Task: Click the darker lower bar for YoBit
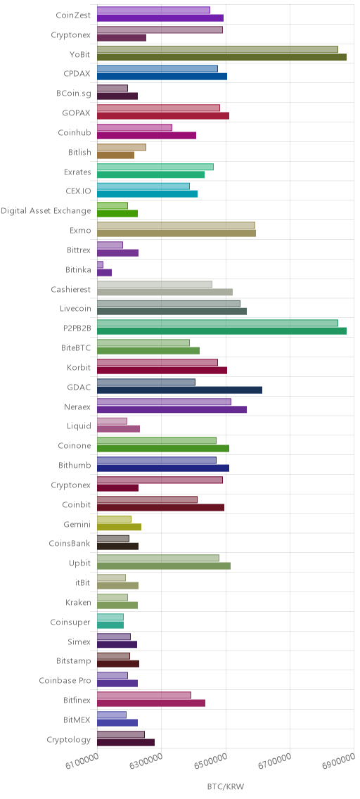coord(221,57)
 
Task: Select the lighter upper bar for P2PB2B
coord(217,323)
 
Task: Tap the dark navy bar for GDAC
coord(179,390)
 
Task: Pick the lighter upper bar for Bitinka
coord(100,264)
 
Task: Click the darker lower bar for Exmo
coord(176,234)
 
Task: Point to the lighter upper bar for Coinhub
coord(134,127)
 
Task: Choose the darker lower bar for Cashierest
coord(165,292)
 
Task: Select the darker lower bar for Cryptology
coord(126,743)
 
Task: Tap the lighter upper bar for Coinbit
coord(147,499)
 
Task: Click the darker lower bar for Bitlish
coord(115,155)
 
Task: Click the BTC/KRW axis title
coord(226,787)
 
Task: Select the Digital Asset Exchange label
coord(46,211)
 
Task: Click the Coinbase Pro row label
coord(65,680)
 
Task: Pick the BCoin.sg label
coord(74,94)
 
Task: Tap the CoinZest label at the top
coord(73,15)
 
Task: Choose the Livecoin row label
coord(75,309)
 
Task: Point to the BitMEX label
coord(77,720)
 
